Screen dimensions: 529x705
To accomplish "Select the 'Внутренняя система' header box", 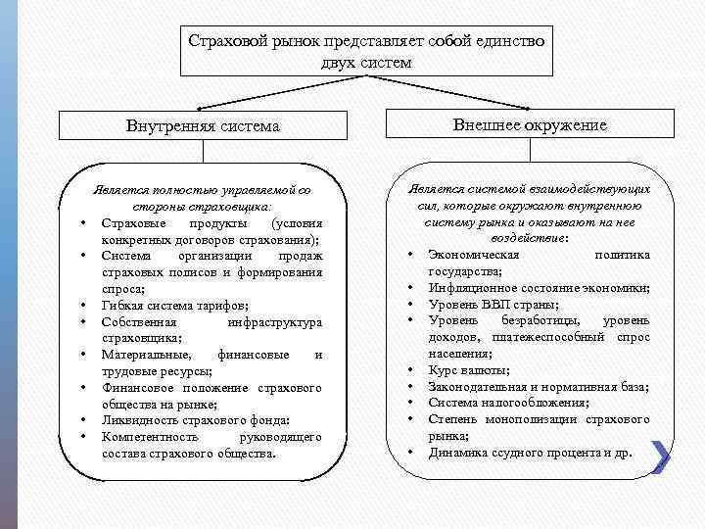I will tap(203, 126).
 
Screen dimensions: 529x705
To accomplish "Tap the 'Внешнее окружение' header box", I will tap(530, 124).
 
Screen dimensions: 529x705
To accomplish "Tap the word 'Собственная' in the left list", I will tap(138, 321).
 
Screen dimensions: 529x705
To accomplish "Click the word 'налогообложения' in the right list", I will tap(535, 403).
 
